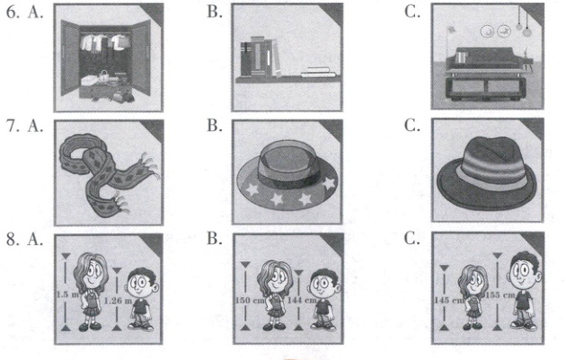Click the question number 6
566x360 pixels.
click(x=13, y=13)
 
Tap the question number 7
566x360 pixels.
click(x=13, y=127)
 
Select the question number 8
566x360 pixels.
click(x=13, y=239)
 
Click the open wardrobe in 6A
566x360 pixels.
click(x=106, y=59)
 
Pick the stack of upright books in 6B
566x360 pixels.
click(x=260, y=57)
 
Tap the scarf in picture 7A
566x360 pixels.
click(x=109, y=173)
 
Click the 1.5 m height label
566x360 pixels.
click(x=67, y=294)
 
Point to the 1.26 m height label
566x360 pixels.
click(x=118, y=300)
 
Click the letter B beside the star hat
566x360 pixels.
click(x=215, y=126)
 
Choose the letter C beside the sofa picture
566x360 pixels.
click(x=411, y=13)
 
